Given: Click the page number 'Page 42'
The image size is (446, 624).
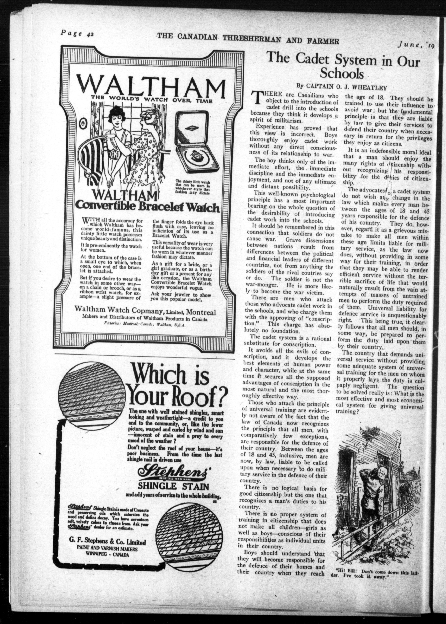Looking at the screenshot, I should click(77, 33).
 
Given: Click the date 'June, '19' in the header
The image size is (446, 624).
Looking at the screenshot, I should click(414, 45).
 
